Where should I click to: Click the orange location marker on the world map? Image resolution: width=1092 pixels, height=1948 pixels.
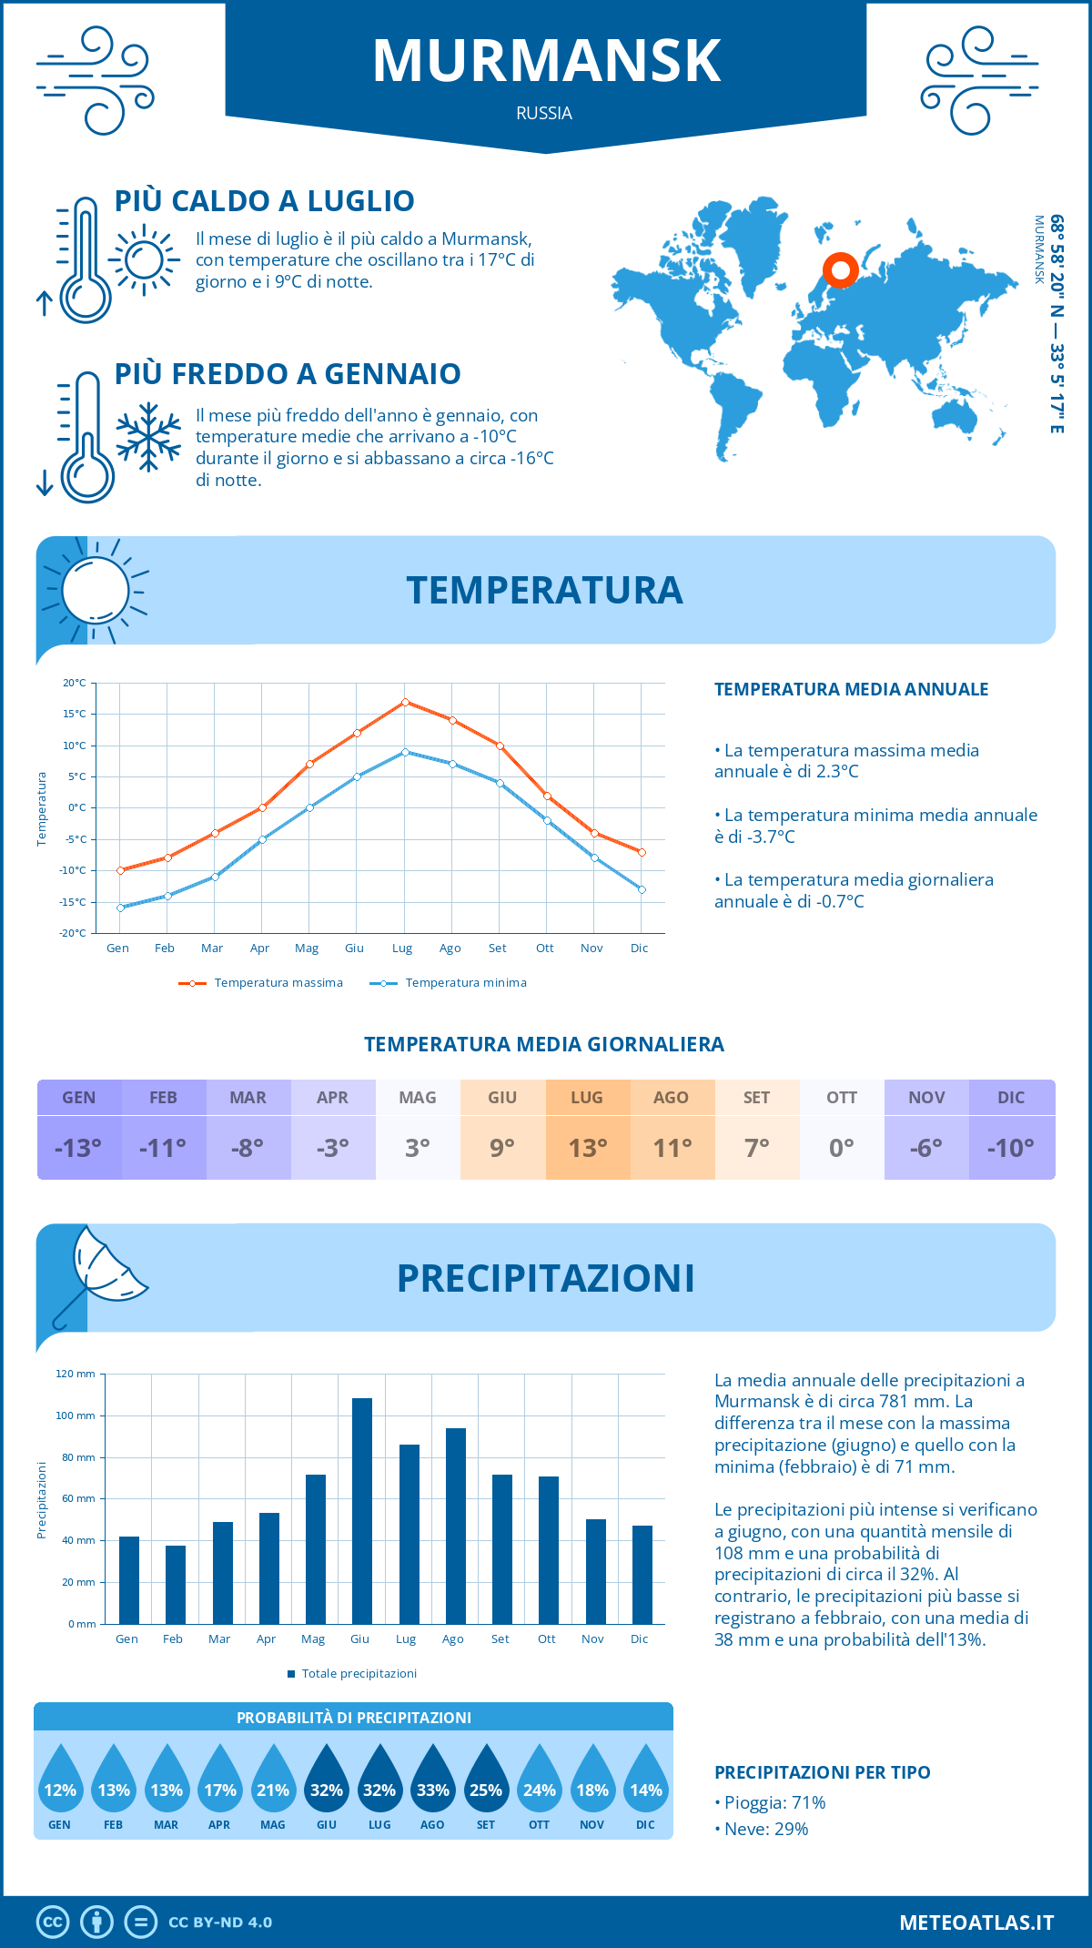coord(841,270)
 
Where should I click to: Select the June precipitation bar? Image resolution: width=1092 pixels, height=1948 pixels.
coord(361,1511)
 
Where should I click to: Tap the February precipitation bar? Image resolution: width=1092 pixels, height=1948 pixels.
coord(175,1585)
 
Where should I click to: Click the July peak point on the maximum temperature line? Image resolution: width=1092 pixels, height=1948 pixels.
coord(405,702)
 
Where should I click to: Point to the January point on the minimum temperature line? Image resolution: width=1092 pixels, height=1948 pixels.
coord(120,908)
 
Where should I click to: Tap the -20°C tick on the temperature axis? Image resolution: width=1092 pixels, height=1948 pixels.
coord(75,933)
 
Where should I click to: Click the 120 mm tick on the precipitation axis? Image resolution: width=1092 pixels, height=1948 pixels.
coord(76,1374)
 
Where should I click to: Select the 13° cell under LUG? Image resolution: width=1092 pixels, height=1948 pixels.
coord(588,1148)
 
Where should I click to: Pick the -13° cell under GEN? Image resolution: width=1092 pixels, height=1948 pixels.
coord(78,1148)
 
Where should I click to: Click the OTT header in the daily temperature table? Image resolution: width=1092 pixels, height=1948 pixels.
coord(842,1098)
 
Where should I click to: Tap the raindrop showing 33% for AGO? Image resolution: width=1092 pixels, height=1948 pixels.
coord(433,1782)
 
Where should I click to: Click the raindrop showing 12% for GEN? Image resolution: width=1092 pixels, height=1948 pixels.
coord(60,1782)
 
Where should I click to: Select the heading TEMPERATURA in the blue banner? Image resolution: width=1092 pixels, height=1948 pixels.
coord(544,590)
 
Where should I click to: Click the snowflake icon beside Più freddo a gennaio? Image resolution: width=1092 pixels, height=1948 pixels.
coord(148,437)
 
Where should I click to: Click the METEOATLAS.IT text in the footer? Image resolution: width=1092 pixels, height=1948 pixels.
coord(976,1923)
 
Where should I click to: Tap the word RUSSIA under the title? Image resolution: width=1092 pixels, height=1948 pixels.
coord(544,113)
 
